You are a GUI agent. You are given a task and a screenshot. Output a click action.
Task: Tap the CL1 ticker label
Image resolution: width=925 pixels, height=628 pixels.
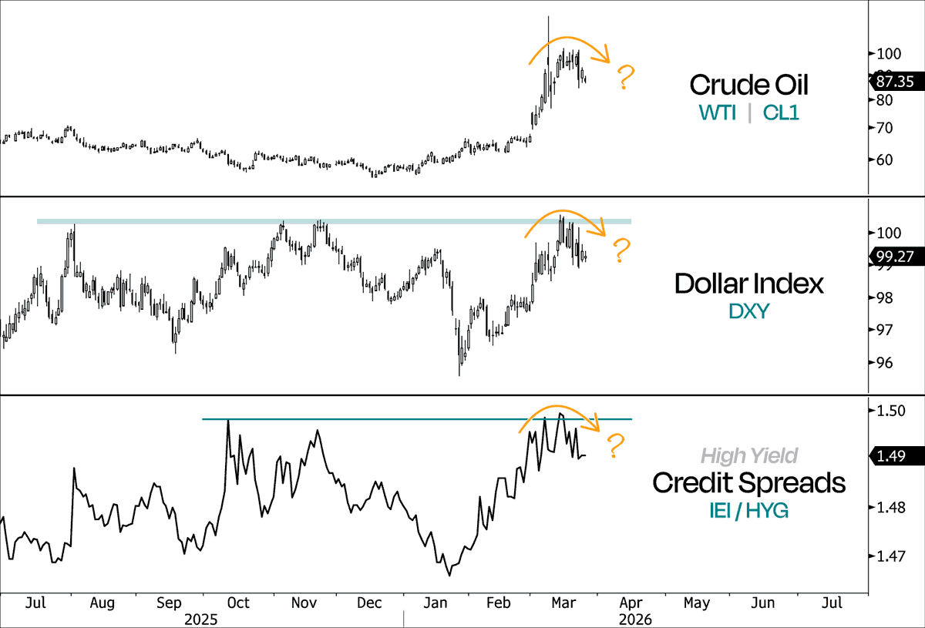point(781,113)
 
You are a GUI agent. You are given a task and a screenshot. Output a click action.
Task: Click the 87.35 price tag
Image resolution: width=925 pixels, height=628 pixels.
point(896,80)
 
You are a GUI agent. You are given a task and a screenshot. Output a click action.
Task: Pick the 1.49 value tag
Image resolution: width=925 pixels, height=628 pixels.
point(898,456)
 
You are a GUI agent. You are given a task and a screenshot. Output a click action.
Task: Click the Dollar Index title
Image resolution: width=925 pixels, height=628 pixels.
point(748,284)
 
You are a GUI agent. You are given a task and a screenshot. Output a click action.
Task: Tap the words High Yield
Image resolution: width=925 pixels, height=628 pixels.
point(748,456)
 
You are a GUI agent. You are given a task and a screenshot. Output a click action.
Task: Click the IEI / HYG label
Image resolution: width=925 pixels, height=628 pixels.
point(748,509)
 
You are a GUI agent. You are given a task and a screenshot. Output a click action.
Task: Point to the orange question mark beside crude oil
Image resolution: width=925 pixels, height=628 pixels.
point(626,78)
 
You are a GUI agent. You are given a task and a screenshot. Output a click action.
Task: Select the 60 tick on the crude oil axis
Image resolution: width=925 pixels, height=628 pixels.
point(881,160)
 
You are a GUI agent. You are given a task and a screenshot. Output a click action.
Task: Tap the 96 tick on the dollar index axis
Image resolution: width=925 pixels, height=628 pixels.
point(881,363)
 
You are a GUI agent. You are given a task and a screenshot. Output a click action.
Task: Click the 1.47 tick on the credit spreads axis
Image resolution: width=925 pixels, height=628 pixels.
point(885,556)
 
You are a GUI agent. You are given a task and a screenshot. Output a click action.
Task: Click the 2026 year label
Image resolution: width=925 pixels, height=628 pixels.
point(635,619)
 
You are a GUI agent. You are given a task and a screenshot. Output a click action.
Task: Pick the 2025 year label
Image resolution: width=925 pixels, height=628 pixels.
point(201,619)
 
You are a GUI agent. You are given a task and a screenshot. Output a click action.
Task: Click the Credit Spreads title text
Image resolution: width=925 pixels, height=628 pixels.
point(748,483)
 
